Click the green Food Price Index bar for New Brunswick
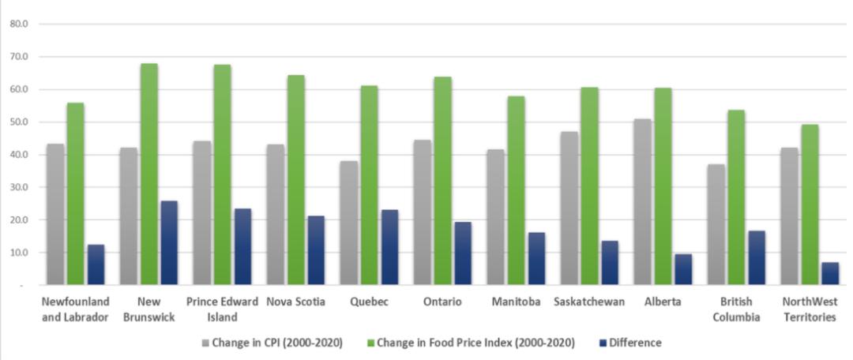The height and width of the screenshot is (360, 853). click(x=149, y=174)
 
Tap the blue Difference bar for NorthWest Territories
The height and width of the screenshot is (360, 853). click(x=830, y=273)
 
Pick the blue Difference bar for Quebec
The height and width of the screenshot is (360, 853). click(x=389, y=247)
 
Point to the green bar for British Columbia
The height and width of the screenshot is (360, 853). click(x=736, y=197)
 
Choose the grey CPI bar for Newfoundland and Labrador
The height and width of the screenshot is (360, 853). click(x=54, y=214)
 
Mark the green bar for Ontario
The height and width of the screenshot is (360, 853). click(x=443, y=181)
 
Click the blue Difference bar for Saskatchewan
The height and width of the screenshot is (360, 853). click(x=610, y=263)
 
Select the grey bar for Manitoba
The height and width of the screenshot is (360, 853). click(x=495, y=217)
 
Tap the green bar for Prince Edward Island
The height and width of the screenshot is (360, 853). click(x=223, y=174)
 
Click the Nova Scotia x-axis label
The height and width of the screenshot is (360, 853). click(x=295, y=302)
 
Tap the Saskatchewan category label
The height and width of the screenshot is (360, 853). click(x=589, y=302)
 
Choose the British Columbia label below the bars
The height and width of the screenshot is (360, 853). click(x=736, y=309)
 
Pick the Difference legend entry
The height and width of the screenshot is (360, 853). click(x=635, y=343)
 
